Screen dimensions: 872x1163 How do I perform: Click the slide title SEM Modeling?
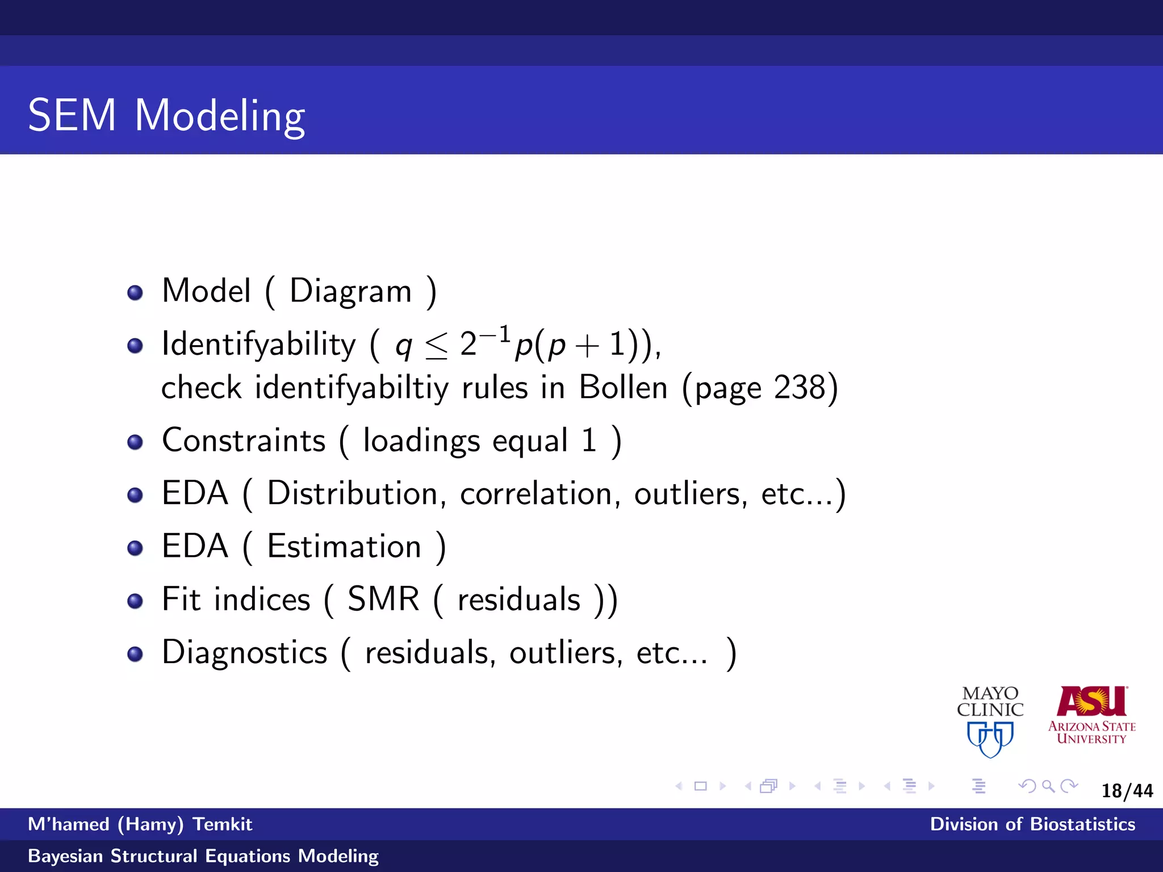point(166,116)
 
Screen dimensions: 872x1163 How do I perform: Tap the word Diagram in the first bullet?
point(350,292)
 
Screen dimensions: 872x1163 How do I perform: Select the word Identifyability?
point(258,345)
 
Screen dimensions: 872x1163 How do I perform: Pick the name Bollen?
point(623,388)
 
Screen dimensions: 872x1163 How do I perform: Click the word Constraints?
point(244,441)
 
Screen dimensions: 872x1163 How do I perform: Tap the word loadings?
point(421,441)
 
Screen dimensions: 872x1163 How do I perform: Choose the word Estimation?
point(344,547)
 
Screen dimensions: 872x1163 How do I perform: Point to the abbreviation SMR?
point(383,599)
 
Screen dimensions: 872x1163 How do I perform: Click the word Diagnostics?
point(245,652)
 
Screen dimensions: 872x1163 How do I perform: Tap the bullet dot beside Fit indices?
point(135,601)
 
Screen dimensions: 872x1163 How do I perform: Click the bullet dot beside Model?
point(135,293)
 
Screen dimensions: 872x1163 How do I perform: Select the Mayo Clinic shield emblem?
point(990,739)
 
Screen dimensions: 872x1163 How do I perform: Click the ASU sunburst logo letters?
point(1091,702)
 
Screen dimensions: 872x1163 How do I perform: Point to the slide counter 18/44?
point(1127,791)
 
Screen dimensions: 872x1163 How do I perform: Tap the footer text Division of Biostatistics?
point(1032,824)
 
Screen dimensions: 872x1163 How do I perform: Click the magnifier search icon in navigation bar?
point(1048,786)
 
